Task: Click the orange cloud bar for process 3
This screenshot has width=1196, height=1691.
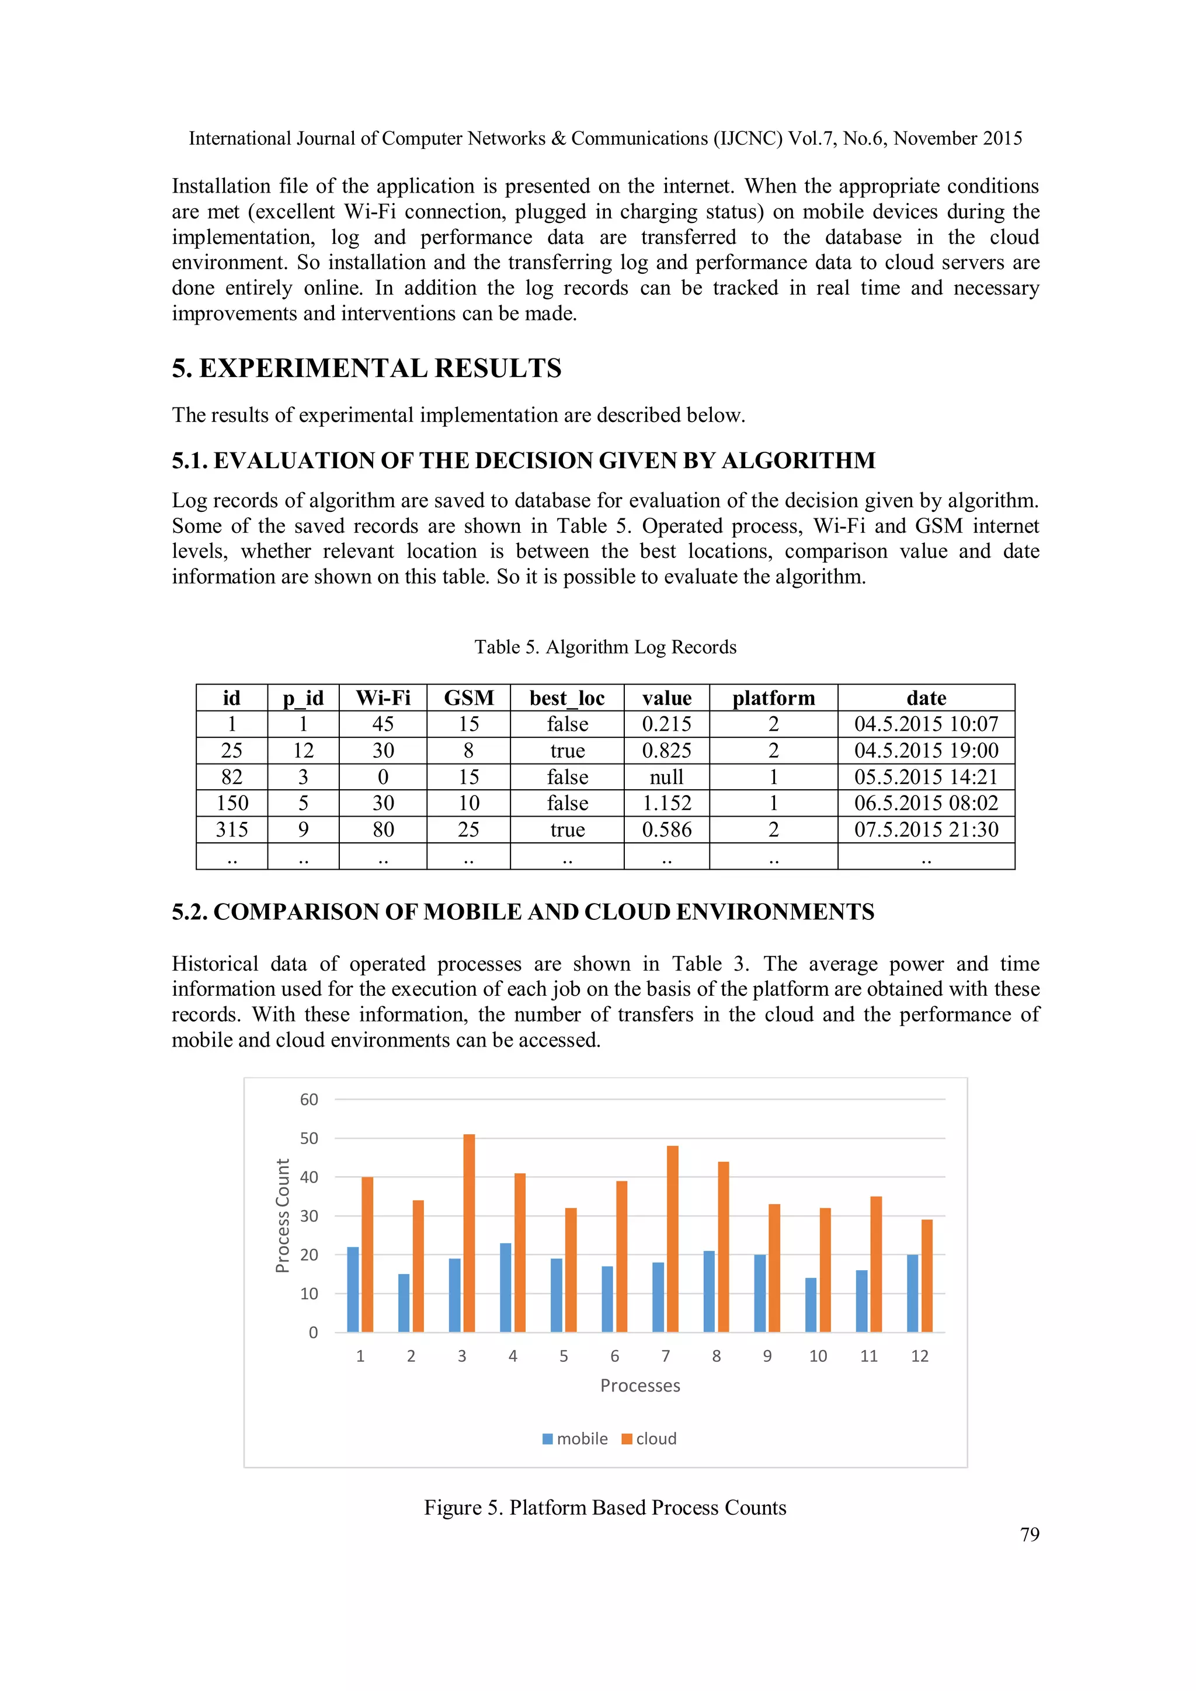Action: pyautogui.click(x=469, y=1233)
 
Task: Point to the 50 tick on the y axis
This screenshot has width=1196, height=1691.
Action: pyautogui.click(x=309, y=1139)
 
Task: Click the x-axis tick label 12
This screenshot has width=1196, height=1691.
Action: pyautogui.click(x=919, y=1356)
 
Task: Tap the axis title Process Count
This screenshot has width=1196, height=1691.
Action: pyautogui.click(x=282, y=1215)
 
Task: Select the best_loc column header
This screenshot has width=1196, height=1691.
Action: pyautogui.click(x=566, y=698)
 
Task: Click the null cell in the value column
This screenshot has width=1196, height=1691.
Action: pyautogui.click(x=666, y=777)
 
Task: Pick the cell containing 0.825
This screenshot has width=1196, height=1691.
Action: pyautogui.click(x=666, y=751)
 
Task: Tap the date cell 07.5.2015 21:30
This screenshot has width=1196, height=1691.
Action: pyautogui.click(x=926, y=830)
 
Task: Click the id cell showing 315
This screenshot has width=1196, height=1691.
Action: pyautogui.click(x=231, y=830)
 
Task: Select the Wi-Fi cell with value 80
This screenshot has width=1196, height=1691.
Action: pyautogui.click(x=383, y=830)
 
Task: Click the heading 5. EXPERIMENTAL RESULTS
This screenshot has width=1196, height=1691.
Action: pyautogui.click(x=366, y=368)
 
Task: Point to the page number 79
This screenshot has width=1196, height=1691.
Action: pyautogui.click(x=1029, y=1534)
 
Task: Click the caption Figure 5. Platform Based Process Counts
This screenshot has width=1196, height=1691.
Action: pyautogui.click(x=605, y=1508)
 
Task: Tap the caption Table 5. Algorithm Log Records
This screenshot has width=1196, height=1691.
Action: pyautogui.click(x=605, y=647)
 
